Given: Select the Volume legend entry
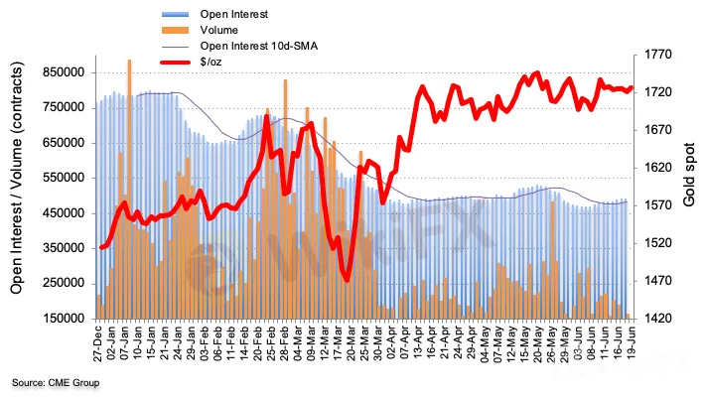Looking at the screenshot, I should [x=219, y=31].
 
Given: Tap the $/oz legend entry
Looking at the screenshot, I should [x=211, y=63].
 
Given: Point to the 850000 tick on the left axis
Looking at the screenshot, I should [x=61, y=72].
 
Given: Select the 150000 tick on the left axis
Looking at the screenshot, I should [x=61, y=319].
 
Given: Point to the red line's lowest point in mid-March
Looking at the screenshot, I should [x=347, y=280].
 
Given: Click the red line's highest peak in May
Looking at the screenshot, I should [x=537, y=72].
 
